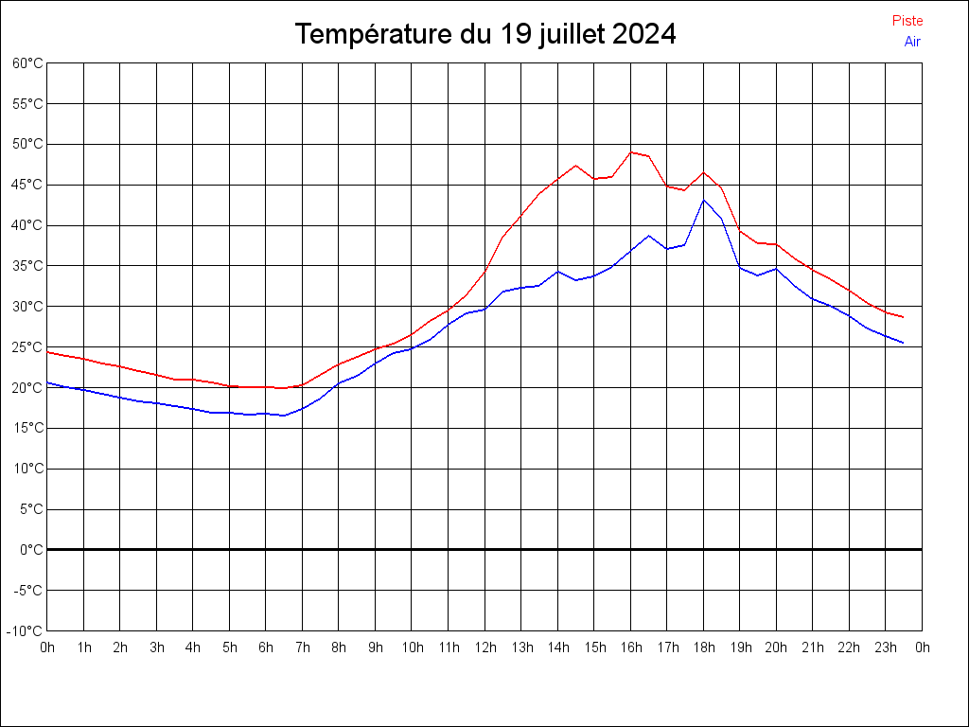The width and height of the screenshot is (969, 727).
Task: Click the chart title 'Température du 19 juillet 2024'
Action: coord(484,34)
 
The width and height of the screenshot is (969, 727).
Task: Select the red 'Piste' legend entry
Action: coord(907,21)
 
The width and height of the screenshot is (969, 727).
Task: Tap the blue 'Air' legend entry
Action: coord(912,42)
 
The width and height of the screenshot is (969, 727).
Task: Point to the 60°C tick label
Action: coord(27,63)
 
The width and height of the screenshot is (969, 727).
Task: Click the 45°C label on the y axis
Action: coord(27,185)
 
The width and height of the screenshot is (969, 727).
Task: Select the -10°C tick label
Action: coord(26,630)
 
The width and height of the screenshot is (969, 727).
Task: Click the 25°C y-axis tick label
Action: coord(27,346)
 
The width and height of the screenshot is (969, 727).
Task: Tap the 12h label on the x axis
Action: coord(484,647)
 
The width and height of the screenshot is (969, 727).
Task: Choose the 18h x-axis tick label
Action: coord(703,647)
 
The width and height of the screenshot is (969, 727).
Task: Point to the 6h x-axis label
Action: coord(266,647)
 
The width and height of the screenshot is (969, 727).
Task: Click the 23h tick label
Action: coord(886,647)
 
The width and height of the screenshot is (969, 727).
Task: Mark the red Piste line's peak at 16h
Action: coord(631,151)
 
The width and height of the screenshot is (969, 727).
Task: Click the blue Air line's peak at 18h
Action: coord(704,200)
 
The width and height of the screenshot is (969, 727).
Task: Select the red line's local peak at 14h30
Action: coord(575,165)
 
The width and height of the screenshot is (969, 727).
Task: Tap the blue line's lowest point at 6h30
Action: coord(284,416)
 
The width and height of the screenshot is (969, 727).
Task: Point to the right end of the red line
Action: coord(904,317)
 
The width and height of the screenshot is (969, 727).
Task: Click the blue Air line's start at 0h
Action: coord(47,382)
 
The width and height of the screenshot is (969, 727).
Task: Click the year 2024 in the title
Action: coord(643,34)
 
